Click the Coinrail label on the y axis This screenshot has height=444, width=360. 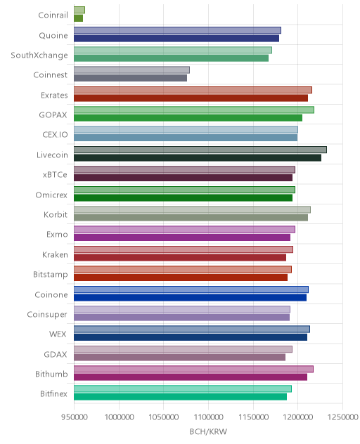pos(53,15)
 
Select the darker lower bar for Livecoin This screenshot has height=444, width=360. pos(198,158)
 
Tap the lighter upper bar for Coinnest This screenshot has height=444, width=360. pos(131,70)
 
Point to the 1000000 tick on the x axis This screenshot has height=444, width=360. pos(119,417)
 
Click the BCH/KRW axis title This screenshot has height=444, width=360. pos(208,431)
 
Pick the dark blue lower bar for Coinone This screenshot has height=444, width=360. pos(191,298)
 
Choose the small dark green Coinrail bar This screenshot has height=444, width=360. pos(78,18)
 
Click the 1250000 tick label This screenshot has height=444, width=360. pos(342,417)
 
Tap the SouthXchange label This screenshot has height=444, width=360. pos(39,55)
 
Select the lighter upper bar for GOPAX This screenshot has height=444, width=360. pos(194,110)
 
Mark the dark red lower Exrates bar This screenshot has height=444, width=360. pos(191,98)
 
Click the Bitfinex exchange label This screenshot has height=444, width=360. pos(53,394)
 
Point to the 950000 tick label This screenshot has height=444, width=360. pos(75,417)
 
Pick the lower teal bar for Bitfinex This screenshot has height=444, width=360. pos(180,397)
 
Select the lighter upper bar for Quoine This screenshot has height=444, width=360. pos(177,30)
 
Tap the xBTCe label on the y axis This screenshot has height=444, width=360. pos(55,175)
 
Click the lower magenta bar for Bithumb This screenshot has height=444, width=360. pos(191,377)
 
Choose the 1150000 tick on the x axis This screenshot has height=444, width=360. pos(253,417)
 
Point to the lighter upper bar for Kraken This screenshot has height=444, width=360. pos(184,249)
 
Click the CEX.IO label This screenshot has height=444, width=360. pos(55,134)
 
